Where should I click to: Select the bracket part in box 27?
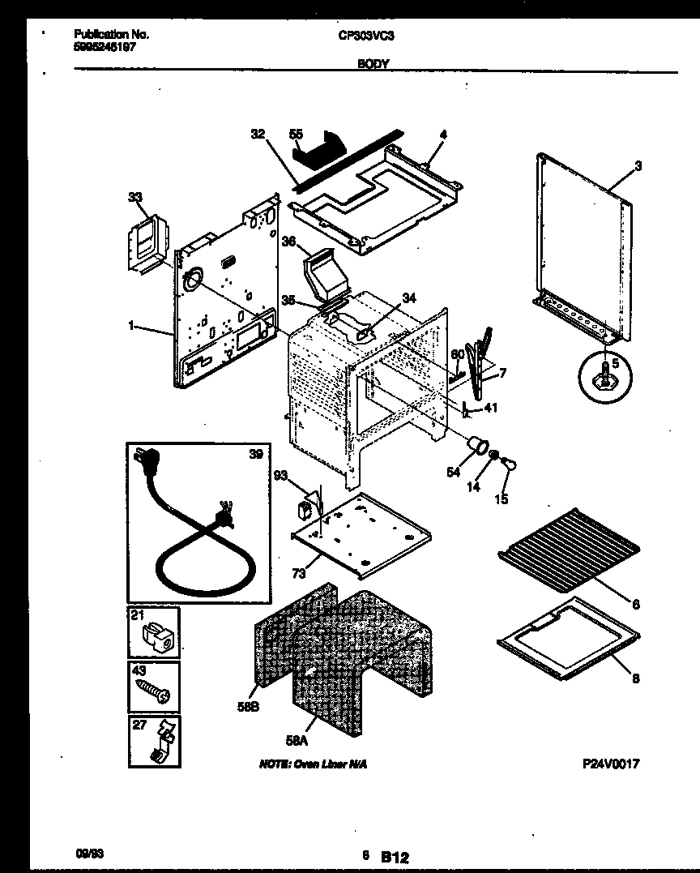(x=162, y=742)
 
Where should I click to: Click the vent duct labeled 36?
(x=323, y=275)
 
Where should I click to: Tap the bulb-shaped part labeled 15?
(x=511, y=464)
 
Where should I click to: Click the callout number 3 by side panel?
(x=638, y=166)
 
